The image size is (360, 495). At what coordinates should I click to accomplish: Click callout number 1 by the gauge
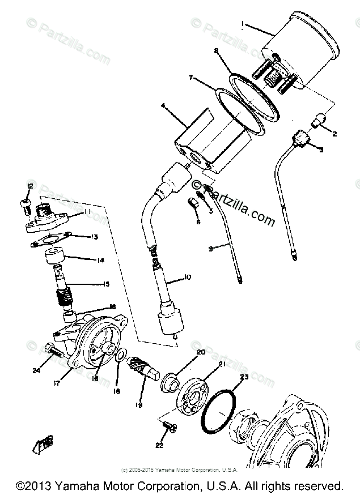tap(243, 24)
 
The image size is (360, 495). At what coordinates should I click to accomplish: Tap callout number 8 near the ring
tap(216, 50)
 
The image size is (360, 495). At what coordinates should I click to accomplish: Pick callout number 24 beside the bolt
tap(36, 372)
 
